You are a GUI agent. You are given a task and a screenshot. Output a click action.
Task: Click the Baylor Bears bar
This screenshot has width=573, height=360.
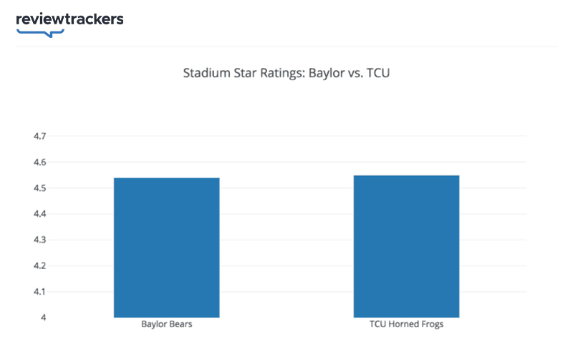[x=166, y=247]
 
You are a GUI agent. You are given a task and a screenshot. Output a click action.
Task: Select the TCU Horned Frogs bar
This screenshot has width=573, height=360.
[x=406, y=245]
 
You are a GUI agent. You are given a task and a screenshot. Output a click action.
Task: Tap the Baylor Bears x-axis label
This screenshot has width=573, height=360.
[x=167, y=325]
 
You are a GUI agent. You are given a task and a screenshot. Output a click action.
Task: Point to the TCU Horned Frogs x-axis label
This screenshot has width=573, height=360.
[x=406, y=325]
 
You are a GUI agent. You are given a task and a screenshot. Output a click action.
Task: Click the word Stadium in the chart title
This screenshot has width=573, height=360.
[x=204, y=73]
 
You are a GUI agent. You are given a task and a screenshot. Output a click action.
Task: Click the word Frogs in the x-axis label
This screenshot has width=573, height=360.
[x=430, y=325]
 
